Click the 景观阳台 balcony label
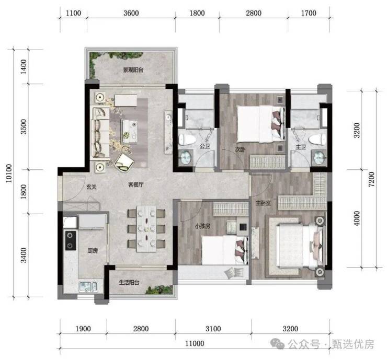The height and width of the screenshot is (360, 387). pyautogui.click(x=133, y=70)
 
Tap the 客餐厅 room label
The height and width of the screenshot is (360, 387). pyautogui.click(x=136, y=184)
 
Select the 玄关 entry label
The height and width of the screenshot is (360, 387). pyautogui.click(x=92, y=187)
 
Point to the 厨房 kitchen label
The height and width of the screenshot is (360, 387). pyautogui.click(x=93, y=251)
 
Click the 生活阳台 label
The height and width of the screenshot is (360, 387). pyautogui.click(x=129, y=282)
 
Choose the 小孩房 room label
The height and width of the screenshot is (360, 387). pyautogui.click(x=202, y=226)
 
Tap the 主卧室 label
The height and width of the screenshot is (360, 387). pyautogui.click(x=263, y=203)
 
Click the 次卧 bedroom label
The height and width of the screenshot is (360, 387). pyautogui.click(x=240, y=149)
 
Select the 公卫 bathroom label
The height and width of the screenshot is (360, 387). pyautogui.click(x=204, y=146)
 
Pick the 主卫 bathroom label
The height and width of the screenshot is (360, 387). pyautogui.click(x=301, y=147)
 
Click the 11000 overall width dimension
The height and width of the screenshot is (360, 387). pyautogui.click(x=195, y=343)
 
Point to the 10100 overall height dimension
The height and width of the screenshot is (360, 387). pyautogui.click(x=9, y=173)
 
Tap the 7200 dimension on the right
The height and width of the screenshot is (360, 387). pyautogui.click(x=371, y=179)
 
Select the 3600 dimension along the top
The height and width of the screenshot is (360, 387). pyautogui.click(x=131, y=13)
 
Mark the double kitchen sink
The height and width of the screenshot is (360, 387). pyautogui.click(x=88, y=287)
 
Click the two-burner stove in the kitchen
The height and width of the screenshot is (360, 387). pyautogui.click(x=71, y=240)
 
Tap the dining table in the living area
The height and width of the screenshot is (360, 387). pyautogui.click(x=146, y=229)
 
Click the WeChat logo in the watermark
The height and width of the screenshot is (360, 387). pyautogui.click(x=278, y=343)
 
